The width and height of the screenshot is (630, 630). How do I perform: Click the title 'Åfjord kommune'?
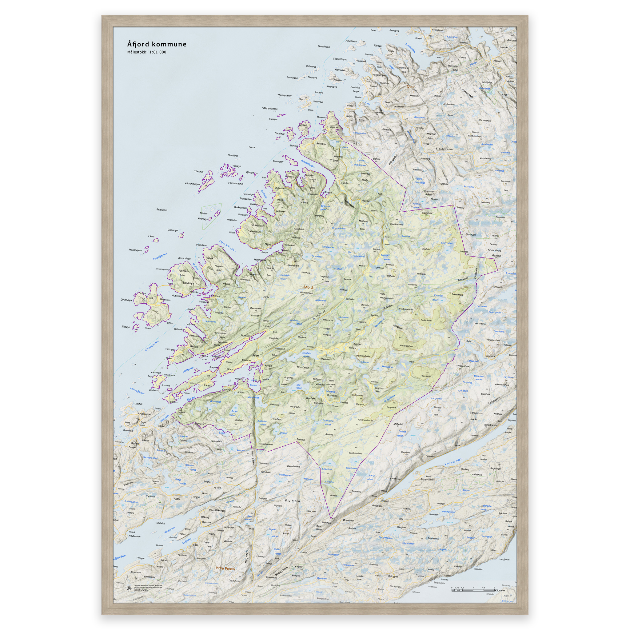pos(157,44)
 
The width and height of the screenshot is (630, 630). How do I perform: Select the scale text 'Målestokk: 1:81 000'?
pos(147,52)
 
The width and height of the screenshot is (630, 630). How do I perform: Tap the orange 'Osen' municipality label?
pos(411,87)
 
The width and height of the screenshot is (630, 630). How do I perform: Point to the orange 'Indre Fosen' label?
pos(225,568)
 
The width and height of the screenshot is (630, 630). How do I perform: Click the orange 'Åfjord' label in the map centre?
pos(308,287)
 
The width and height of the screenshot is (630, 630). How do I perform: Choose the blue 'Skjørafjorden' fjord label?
pos(227,246)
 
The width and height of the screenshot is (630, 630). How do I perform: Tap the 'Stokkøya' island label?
pos(188,283)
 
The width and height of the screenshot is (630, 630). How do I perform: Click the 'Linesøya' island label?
pos(126,300)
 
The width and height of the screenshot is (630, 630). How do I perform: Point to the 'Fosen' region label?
pos(293,500)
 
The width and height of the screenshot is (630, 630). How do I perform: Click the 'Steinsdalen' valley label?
pos(444,149)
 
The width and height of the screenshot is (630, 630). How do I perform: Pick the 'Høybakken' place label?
pos(135,536)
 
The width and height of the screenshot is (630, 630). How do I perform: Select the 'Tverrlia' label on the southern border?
pos(301,440)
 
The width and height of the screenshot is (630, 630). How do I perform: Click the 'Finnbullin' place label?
pos(471,234)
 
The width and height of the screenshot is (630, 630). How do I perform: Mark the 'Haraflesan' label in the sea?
pos(324,47)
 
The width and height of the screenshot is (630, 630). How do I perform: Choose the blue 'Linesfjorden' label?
pos(152,346)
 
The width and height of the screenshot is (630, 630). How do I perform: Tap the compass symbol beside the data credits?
pos(129,588)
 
